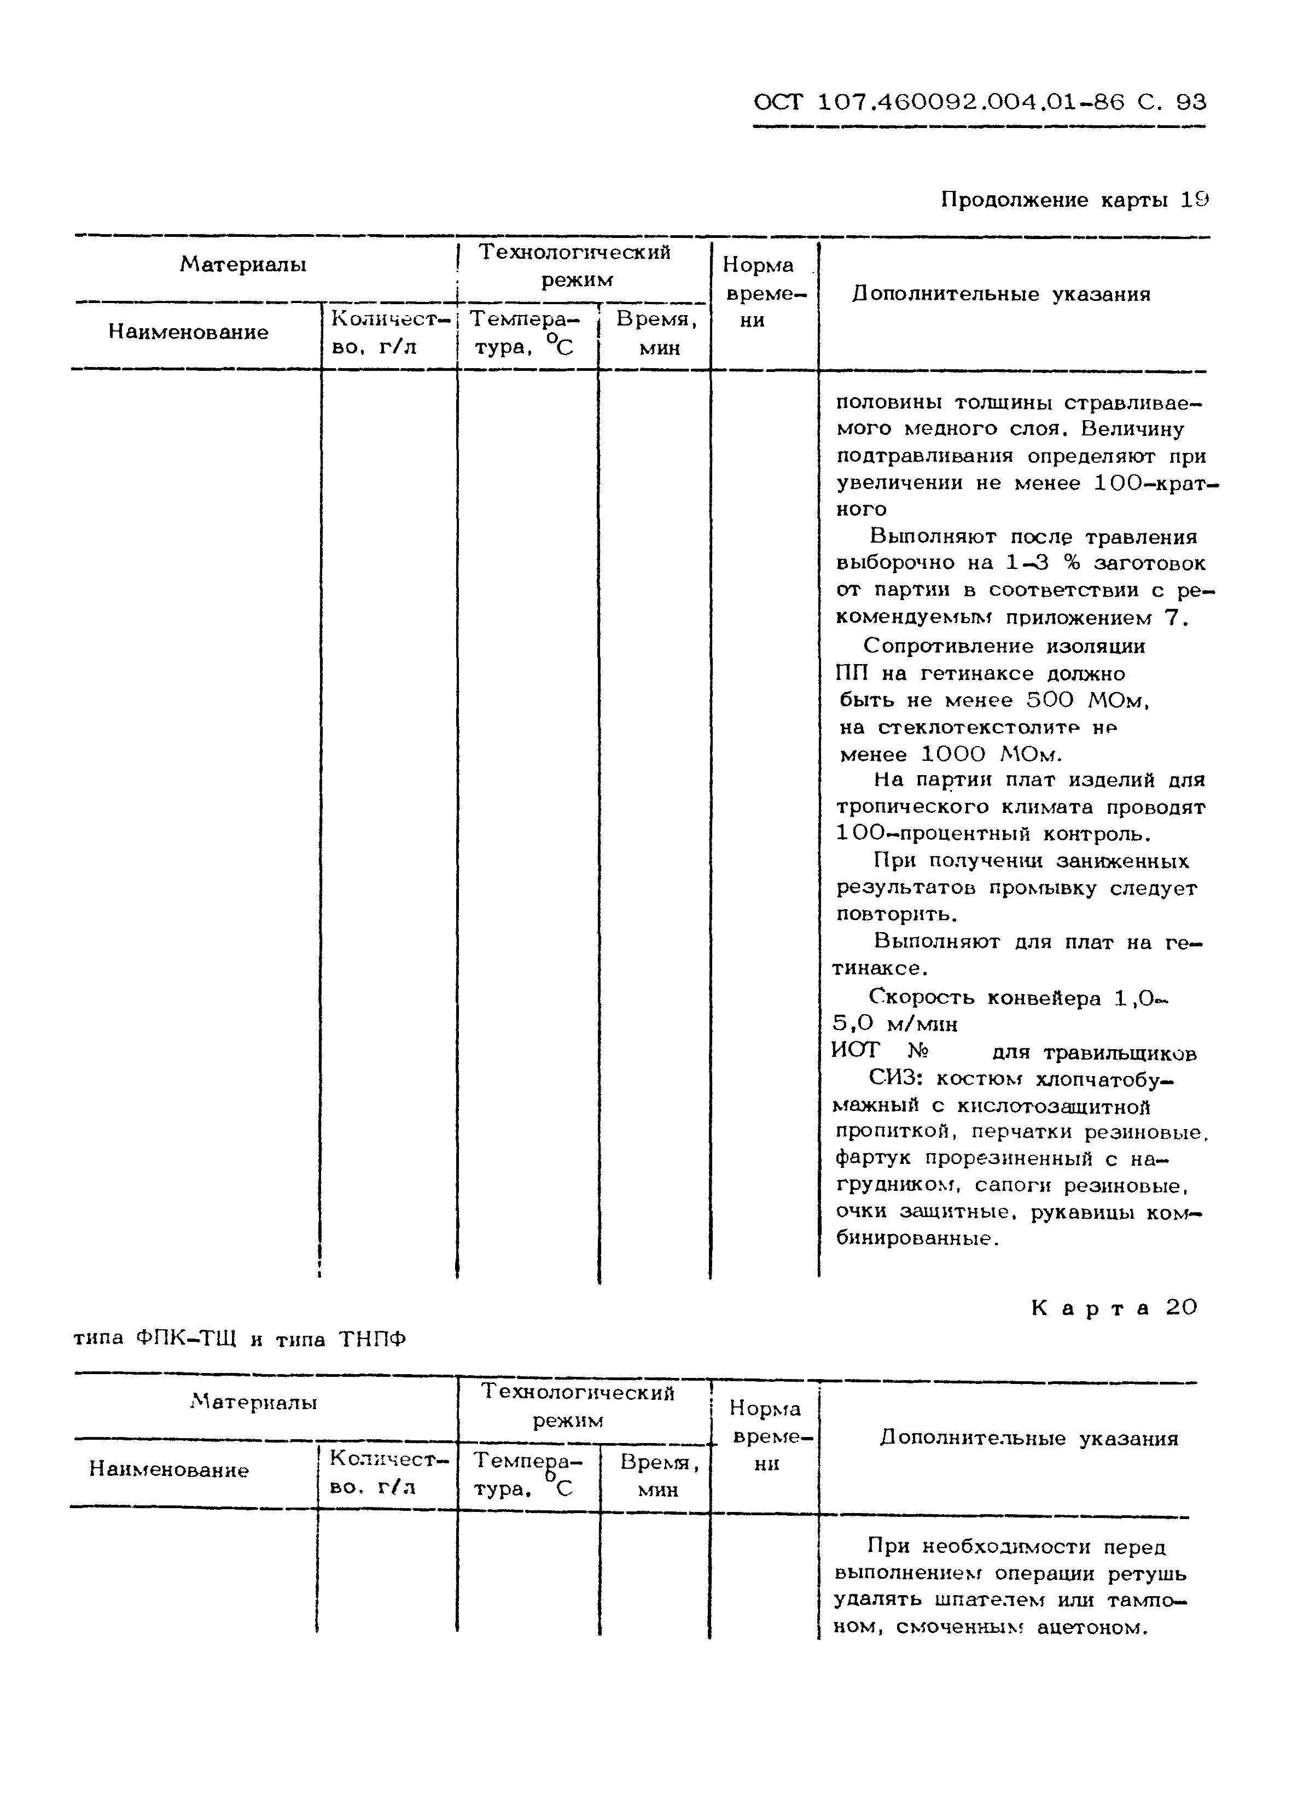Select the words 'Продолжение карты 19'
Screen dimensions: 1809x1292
[x=1074, y=200]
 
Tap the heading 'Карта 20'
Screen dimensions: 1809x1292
[x=1114, y=1308]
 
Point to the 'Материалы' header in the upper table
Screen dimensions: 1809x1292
[x=243, y=264]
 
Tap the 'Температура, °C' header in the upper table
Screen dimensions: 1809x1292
[x=523, y=333]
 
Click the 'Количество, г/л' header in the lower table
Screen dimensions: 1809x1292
[x=388, y=1473]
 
